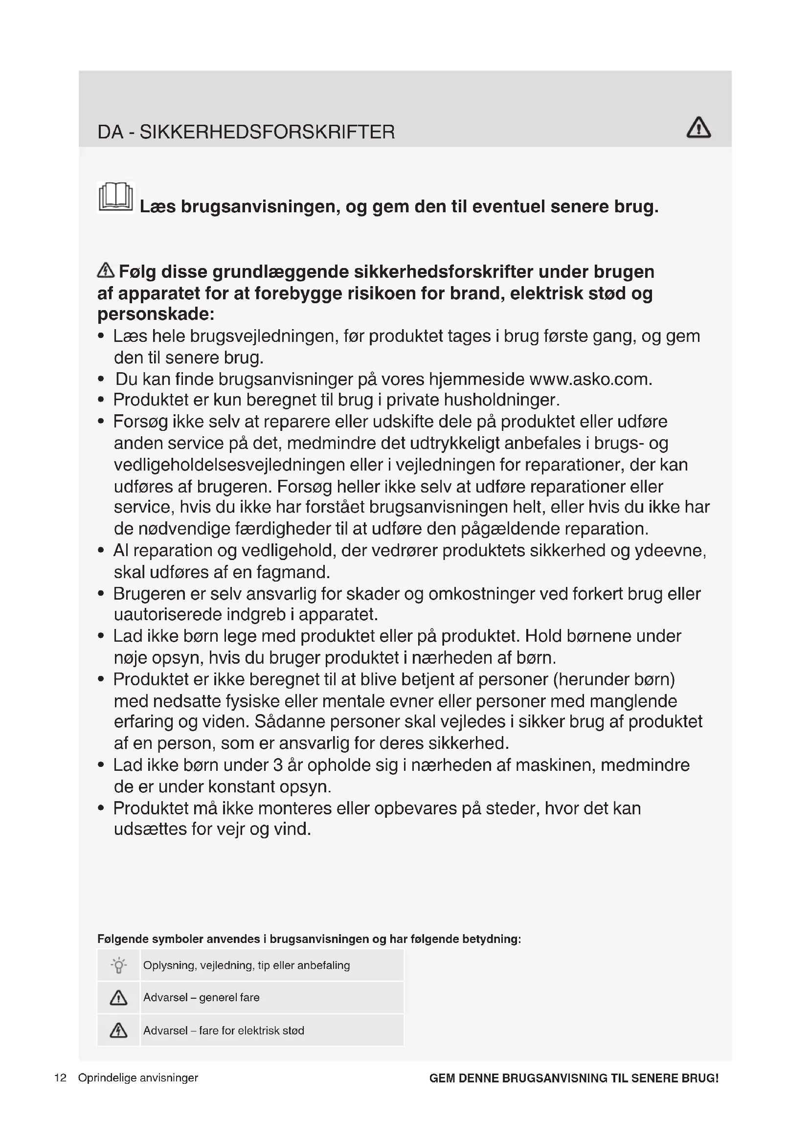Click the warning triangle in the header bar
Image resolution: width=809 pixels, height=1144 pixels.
698,128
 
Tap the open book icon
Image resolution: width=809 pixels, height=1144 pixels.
116,197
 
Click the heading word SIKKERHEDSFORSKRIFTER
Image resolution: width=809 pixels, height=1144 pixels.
267,132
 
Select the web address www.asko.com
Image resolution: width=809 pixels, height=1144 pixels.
590,380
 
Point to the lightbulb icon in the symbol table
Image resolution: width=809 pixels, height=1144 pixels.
118,965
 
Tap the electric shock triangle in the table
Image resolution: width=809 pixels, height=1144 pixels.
118,1030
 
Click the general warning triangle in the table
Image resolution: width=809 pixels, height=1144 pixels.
118,997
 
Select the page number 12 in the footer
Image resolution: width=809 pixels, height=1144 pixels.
60,1078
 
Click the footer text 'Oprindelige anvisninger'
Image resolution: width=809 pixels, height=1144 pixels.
138,1078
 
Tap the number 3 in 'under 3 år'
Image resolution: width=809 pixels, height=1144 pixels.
278,765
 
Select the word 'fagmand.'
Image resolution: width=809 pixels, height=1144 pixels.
293,572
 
